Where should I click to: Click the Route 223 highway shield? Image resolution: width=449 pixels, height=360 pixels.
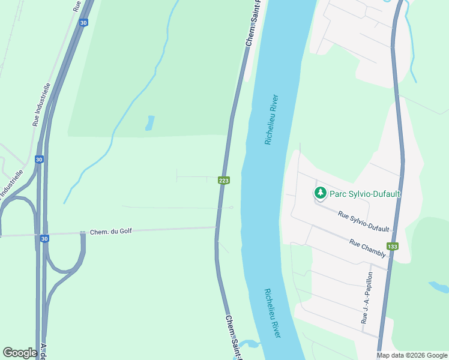click(x=223, y=181)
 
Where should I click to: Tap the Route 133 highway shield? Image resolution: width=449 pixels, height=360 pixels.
click(x=393, y=246)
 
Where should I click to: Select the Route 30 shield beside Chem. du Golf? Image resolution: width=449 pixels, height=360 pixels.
click(x=45, y=239)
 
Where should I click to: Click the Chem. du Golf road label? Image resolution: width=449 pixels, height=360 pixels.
click(x=110, y=231)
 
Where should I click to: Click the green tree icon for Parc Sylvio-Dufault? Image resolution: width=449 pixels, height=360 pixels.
click(x=321, y=193)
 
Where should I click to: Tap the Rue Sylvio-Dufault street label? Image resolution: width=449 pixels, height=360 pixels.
click(x=363, y=221)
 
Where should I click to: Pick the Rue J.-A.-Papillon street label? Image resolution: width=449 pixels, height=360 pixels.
click(x=367, y=298)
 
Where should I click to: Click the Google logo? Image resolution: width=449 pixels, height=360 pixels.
click(x=20, y=353)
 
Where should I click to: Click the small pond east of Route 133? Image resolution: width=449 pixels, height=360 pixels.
click(x=439, y=287)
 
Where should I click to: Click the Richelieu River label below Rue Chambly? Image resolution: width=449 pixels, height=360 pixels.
click(x=273, y=313)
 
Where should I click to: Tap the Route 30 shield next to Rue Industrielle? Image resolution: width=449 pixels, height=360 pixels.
click(x=39, y=160)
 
